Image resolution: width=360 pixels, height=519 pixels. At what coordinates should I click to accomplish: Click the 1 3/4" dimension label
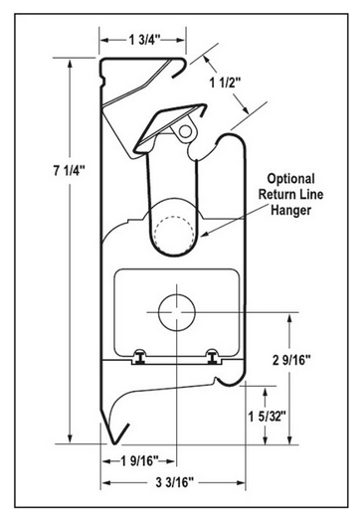pyautogui.click(x=144, y=40)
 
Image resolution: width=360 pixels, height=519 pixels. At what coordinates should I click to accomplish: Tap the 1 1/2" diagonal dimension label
pyautogui.click(x=225, y=83)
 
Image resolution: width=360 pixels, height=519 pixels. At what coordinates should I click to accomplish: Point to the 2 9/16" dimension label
pyautogui.click(x=292, y=360)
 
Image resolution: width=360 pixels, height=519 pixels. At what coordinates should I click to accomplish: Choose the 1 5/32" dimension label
pyautogui.click(x=268, y=417)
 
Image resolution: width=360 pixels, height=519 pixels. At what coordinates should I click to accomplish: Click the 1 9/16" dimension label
pyautogui.click(x=139, y=460)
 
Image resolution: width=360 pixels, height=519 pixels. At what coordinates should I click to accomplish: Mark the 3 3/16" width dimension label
pyautogui.click(x=174, y=482)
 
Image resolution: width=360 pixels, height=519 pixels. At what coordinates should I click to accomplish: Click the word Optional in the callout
pyautogui.click(x=290, y=179)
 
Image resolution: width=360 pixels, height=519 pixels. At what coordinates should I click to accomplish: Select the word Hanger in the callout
pyautogui.click(x=291, y=210)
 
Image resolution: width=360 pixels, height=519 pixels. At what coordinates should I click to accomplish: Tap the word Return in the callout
pyautogui.click(x=273, y=194)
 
